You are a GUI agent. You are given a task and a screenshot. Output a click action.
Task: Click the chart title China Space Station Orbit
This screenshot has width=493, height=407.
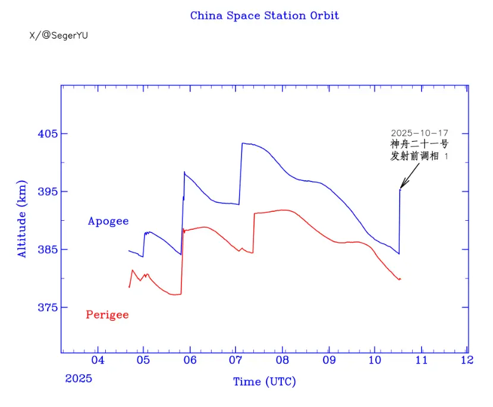pos(264,15)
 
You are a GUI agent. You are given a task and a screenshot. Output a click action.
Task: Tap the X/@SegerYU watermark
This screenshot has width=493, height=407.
pos(58,36)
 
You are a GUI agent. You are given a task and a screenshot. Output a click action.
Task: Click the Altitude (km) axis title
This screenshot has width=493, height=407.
pos(22,218)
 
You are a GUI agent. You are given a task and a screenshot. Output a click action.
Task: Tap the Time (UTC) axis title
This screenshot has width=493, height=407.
pos(264,381)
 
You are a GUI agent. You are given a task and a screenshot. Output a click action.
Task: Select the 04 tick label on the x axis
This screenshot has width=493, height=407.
pos(98,360)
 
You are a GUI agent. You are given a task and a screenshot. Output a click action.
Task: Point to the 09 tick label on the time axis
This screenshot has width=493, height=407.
pos(329,360)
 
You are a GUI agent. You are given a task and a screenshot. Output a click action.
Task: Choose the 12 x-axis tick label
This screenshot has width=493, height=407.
pos(467,360)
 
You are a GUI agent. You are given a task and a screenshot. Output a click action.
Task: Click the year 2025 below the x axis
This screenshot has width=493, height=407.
pos(78,378)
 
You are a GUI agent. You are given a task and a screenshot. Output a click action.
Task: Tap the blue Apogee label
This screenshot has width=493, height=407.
pos(108,221)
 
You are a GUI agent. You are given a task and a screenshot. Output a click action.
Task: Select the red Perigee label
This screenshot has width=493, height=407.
pos(107,315)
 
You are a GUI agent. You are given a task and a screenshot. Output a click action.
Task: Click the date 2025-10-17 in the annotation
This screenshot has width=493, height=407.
pos(419,133)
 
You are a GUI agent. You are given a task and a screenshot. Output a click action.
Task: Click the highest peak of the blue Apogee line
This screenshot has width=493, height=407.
pos(243,143)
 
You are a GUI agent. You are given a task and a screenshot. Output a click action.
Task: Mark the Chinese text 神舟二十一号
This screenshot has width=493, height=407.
pos(419,144)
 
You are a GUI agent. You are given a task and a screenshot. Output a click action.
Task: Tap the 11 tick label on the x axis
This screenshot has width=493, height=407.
pos(421,360)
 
